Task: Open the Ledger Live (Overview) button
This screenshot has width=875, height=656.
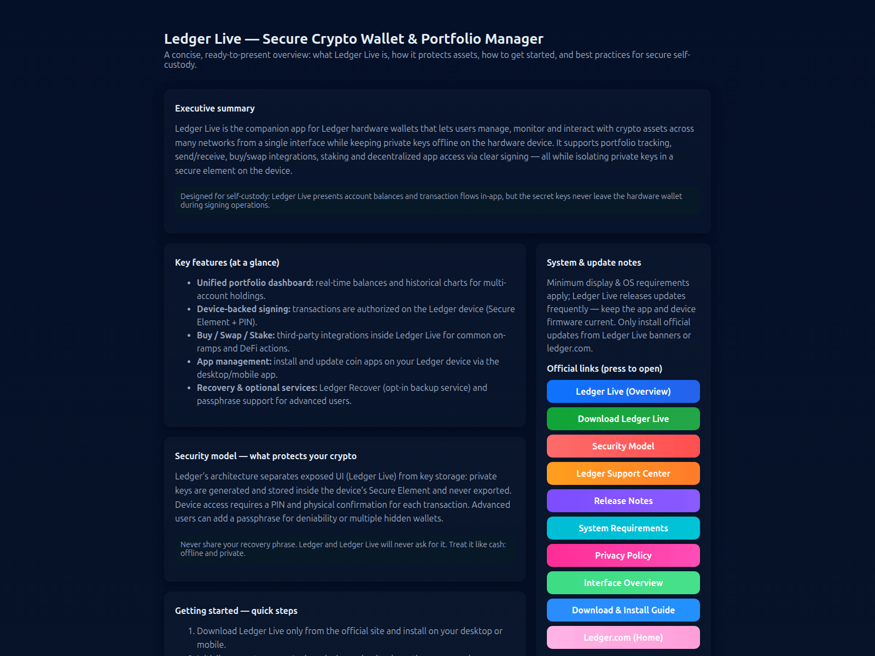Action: [x=623, y=391]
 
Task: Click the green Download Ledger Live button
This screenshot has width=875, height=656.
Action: [x=623, y=419]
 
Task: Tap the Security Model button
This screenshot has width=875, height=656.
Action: [x=623, y=446]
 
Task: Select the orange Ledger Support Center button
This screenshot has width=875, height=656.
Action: [x=623, y=473]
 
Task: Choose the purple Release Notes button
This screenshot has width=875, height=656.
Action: [x=623, y=501]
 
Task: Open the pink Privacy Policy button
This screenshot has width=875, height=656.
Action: [x=623, y=555]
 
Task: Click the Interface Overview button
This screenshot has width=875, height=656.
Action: [x=623, y=583]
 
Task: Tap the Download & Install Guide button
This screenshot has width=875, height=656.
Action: [x=623, y=610]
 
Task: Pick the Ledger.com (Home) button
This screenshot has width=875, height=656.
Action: [x=623, y=637]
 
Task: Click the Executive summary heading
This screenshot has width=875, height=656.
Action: [x=214, y=108]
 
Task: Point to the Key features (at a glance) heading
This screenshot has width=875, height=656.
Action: [x=227, y=262]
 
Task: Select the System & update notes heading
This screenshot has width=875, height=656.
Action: [x=593, y=262]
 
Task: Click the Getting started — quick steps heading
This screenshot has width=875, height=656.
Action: [x=236, y=611]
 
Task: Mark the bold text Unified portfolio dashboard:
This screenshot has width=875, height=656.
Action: [x=255, y=283]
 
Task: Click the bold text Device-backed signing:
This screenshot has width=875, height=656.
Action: [x=243, y=309]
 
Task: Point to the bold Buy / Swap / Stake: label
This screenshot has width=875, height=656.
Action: [x=236, y=335]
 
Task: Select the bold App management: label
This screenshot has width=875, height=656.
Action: [x=234, y=361]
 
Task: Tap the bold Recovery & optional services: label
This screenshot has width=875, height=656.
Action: [x=257, y=388]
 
